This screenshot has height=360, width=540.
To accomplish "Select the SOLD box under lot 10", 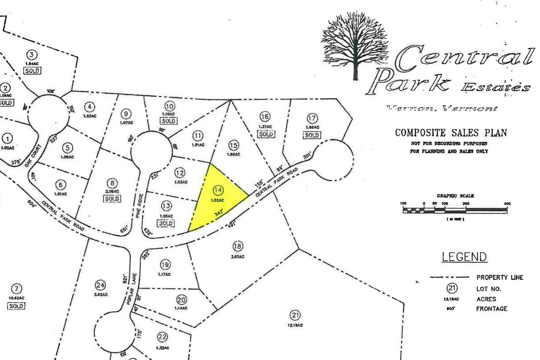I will tap(169, 121).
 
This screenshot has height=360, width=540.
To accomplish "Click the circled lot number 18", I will tap(238, 246).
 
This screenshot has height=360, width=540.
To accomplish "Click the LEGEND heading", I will tap(464, 257).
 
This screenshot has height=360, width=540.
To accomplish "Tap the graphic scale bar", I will tap(455, 210).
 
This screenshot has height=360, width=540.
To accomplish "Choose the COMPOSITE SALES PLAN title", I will tap(451, 133).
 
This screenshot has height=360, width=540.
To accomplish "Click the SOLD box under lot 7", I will tap(16, 306).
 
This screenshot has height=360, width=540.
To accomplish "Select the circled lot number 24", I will tap(101, 285).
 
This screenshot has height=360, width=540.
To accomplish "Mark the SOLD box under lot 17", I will tap(312, 135).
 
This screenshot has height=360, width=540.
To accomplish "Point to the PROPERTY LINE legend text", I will tap(499, 278).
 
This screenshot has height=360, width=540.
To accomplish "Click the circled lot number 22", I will tap(162, 337).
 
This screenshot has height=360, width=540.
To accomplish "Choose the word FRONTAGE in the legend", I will tap(491, 309).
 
